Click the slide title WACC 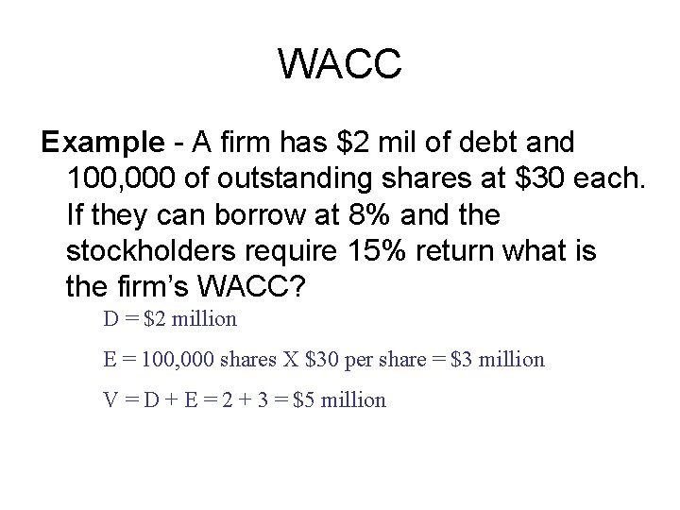pyautogui.click(x=340, y=65)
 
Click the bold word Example pyautogui.click(x=102, y=143)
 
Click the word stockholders pyautogui.click(x=159, y=249)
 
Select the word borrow pyautogui.click(x=266, y=213)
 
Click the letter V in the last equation pyautogui.click(x=110, y=400)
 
